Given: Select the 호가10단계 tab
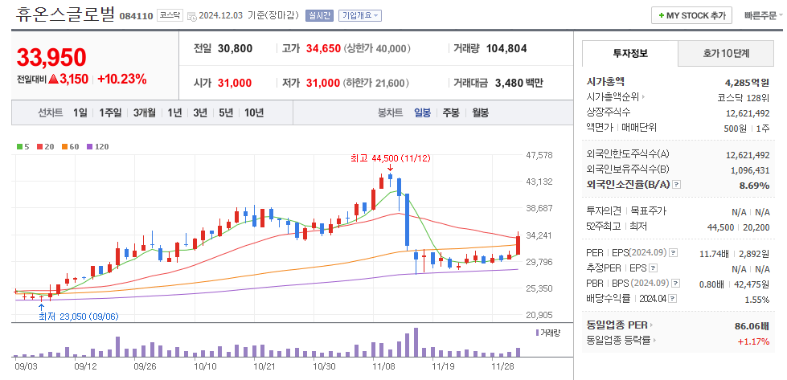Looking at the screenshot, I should click(x=725, y=54).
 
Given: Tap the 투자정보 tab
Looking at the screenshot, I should click(x=630, y=54).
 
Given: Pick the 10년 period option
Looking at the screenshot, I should click(x=253, y=112).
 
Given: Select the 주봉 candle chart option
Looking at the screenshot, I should click(x=450, y=112).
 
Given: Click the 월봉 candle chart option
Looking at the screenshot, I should click(x=480, y=112).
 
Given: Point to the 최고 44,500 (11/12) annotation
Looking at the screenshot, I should click(x=391, y=158).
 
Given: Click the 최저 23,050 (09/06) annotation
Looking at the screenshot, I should click(x=78, y=316).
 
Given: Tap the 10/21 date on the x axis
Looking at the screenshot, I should click(x=265, y=366).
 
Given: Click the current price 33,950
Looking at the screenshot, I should click(x=51, y=58).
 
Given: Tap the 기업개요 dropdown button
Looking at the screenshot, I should click(x=360, y=15).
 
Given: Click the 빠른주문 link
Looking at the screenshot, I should click(x=760, y=15).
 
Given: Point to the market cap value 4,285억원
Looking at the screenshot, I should click(x=747, y=82).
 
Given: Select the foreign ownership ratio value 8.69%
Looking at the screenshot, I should click(x=754, y=186).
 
